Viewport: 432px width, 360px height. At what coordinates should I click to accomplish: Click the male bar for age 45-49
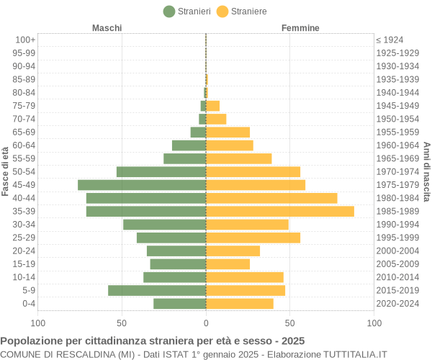coord(142,185)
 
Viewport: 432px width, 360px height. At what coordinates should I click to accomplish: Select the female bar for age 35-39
coord(280,211)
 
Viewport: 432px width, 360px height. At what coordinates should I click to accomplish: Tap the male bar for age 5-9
coord(157,290)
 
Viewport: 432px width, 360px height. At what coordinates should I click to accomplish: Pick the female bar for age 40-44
coord(271,198)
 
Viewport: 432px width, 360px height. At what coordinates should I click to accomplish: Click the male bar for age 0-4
coord(179,303)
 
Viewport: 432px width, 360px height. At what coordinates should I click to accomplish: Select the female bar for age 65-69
coord(228,132)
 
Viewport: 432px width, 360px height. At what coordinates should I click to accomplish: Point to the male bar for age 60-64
coord(189,145)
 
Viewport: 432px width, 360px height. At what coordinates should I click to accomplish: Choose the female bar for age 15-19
coord(228,264)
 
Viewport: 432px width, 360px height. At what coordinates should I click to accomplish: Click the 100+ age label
coord(25,40)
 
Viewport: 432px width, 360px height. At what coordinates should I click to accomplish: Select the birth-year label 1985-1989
coord(397,211)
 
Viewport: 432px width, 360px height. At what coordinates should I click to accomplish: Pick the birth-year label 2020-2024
coord(397,303)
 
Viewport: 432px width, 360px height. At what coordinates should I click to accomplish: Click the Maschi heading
coord(107,28)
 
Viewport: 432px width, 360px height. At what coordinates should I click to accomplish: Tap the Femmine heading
coord(300,28)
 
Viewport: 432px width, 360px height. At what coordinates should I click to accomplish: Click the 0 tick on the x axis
coord(206,323)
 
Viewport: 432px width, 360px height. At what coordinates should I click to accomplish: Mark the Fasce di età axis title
coord(6,171)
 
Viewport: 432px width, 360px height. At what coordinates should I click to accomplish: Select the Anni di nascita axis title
coord(426,171)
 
